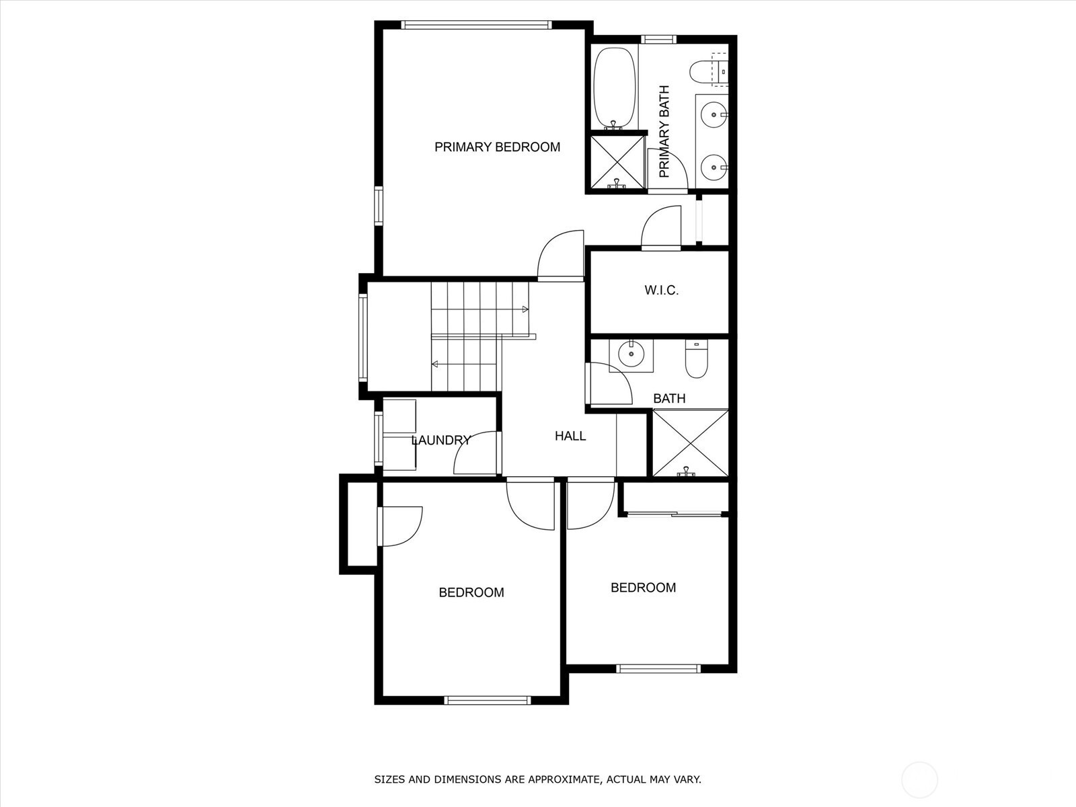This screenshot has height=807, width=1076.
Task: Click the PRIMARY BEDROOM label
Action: [x=497, y=147]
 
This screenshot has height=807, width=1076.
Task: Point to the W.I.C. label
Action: [x=661, y=291]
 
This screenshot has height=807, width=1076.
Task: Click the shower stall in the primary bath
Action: [x=616, y=162]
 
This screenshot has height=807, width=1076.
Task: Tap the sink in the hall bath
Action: [x=631, y=354]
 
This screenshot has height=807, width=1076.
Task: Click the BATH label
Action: [x=669, y=398]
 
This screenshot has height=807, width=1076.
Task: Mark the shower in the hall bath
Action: [x=691, y=443]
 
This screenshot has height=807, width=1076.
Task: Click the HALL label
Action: [x=570, y=436]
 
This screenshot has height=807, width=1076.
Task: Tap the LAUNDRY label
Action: [x=440, y=440]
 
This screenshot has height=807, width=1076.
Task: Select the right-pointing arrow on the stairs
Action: [x=525, y=309]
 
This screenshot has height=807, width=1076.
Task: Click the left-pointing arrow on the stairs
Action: [x=435, y=364]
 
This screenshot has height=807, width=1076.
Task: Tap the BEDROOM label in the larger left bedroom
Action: [x=471, y=592]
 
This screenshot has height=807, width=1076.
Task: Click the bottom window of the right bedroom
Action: [x=658, y=668]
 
